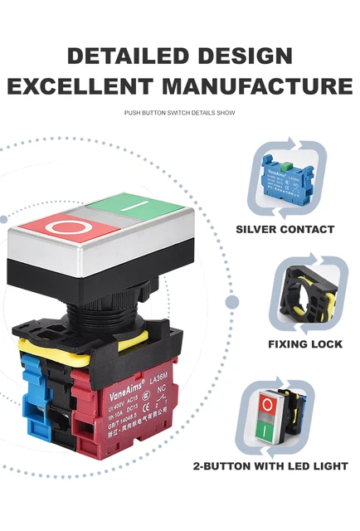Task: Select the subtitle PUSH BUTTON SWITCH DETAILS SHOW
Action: (179, 112)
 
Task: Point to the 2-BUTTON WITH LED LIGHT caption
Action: (270, 466)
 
